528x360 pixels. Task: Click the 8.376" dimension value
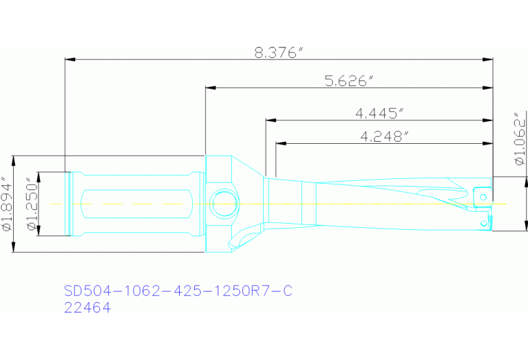279,53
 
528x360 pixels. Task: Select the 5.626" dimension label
349,81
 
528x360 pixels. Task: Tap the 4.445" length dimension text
379,113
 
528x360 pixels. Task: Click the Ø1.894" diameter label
8,204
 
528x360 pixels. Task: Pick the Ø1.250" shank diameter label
30,204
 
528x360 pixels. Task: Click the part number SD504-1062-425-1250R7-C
178,291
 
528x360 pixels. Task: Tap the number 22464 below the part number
87,308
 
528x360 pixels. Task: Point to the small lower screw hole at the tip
484,223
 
